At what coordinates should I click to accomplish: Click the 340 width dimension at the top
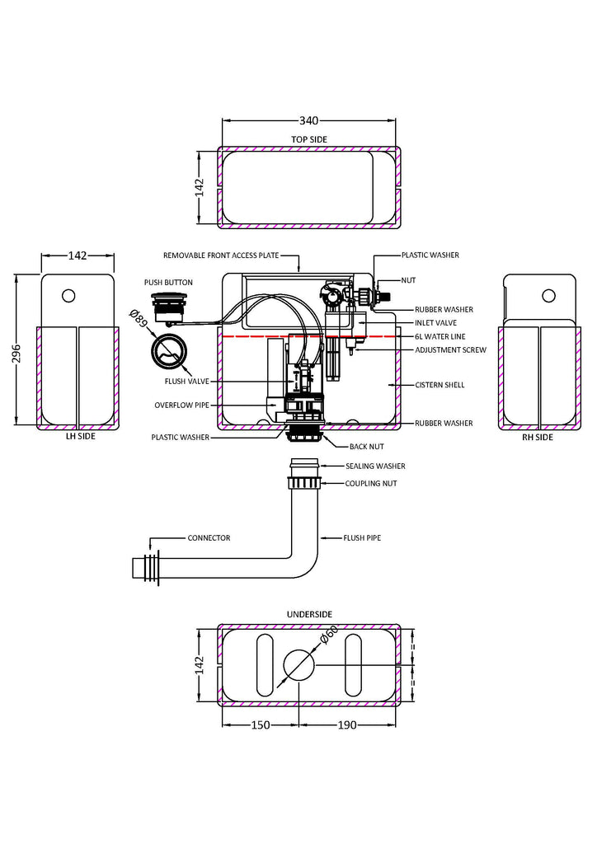click(308, 120)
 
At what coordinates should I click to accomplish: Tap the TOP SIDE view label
click(308, 139)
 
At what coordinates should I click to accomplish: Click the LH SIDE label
click(80, 437)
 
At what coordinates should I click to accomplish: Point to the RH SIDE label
click(538, 438)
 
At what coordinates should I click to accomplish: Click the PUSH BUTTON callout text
click(168, 283)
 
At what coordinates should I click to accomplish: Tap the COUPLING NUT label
click(371, 483)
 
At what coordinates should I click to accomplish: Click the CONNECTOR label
click(209, 538)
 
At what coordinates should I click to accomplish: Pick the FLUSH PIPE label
click(362, 538)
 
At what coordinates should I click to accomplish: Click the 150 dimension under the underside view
click(259, 725)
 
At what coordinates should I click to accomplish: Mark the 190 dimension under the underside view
click(348, 725)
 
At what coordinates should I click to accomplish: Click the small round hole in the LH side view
click(68, 295)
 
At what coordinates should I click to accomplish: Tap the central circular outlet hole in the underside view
click(298, 664)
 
